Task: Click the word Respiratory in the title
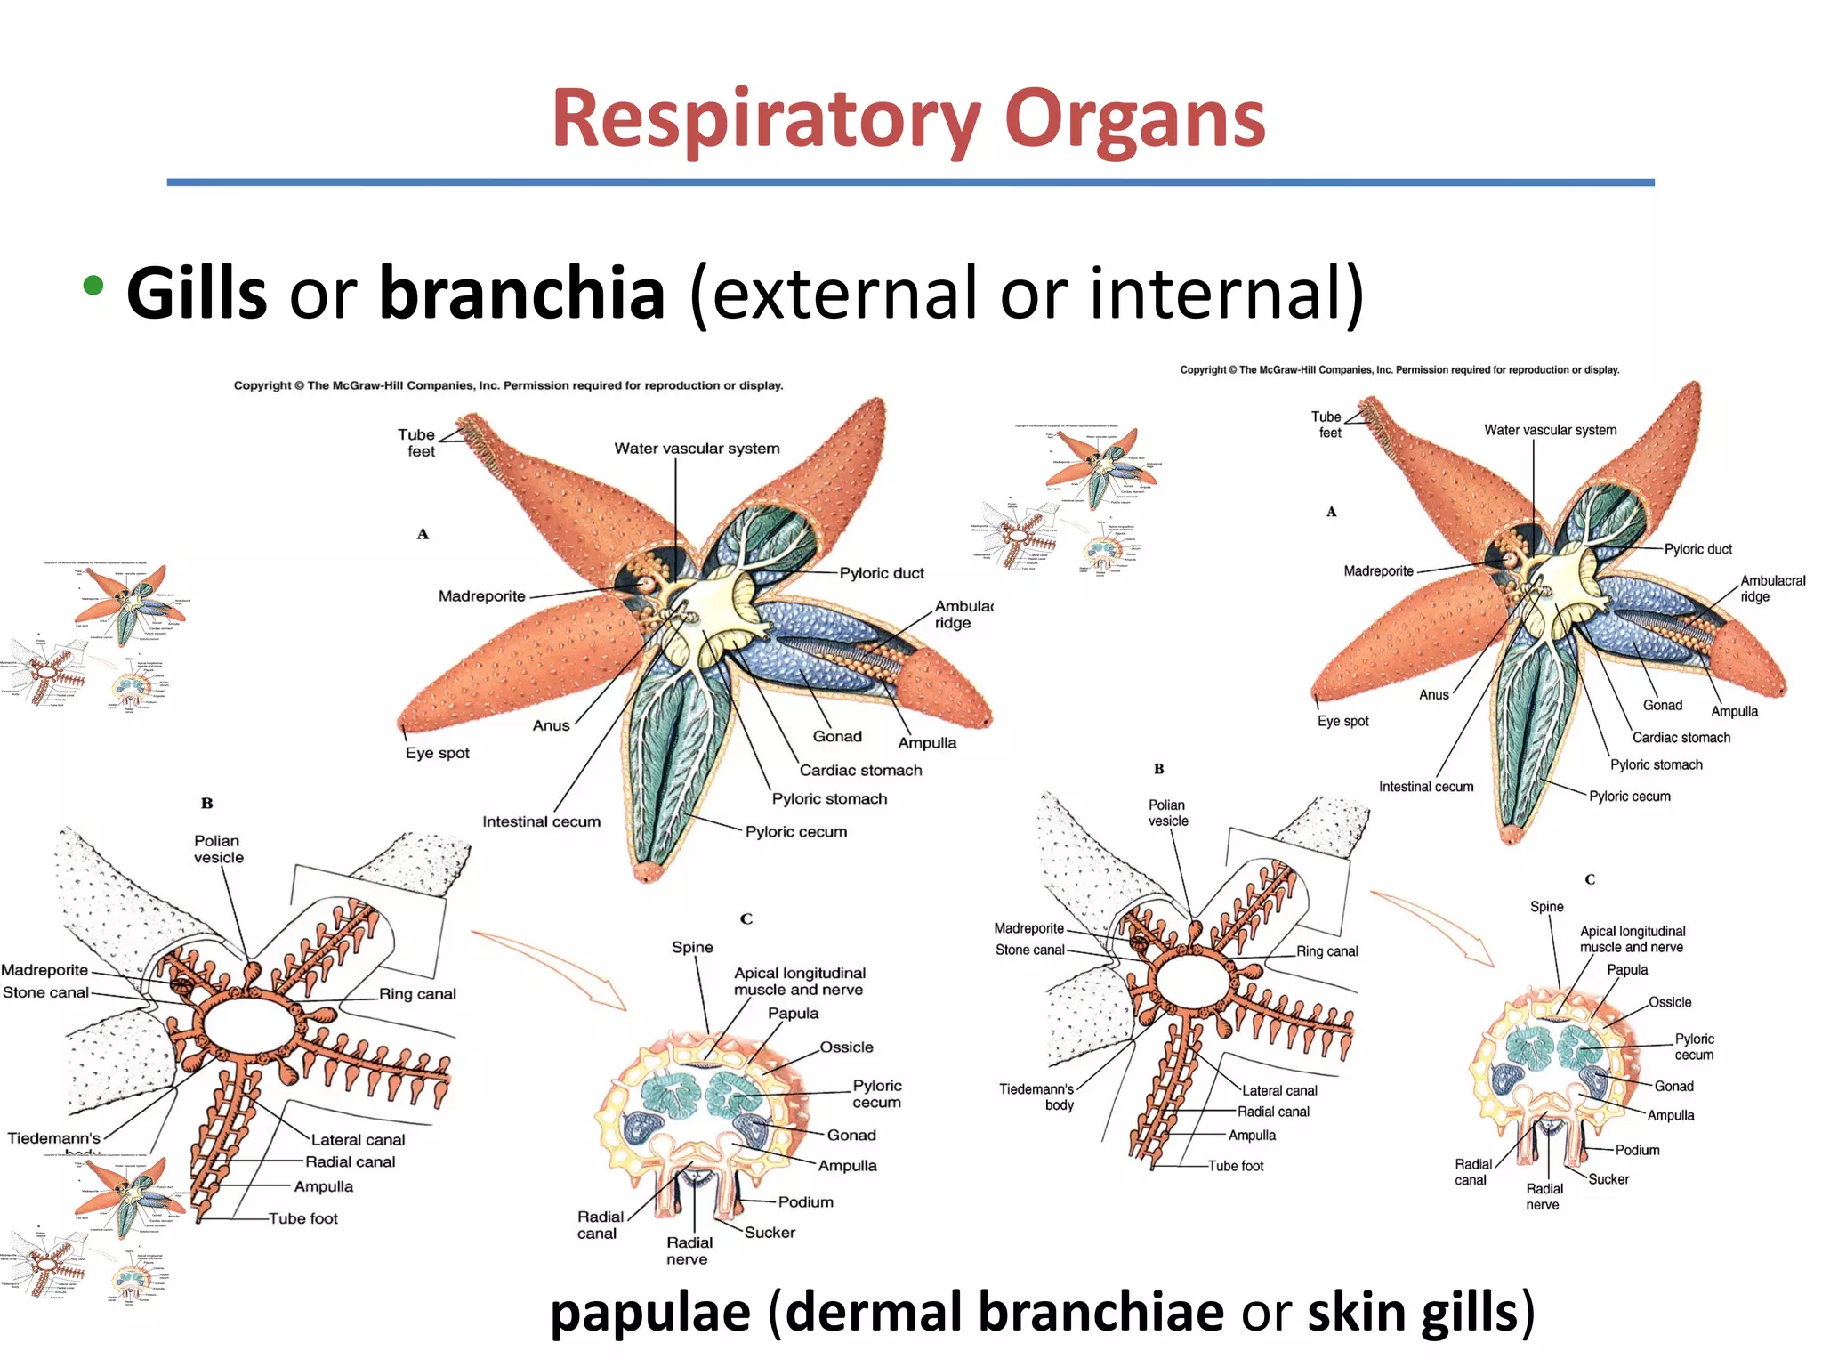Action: (x=765, y=120)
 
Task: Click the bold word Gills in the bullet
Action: (x=197, y=294)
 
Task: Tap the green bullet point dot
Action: (x=93, y=287)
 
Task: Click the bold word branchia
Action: (x=522, y=294)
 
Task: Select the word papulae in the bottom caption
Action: (x=650, y=1312)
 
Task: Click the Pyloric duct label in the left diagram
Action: (x=881, y=573)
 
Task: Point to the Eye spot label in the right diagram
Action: (x=1342, y=721)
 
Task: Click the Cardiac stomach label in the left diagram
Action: (x=860, y=770)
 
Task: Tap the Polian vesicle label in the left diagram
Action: (x=218, y=849)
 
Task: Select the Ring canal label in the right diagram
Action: (x=1326, y=951)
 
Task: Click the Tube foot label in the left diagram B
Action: (x=303, y=1218)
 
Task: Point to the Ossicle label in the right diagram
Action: (x=1669, y=1002)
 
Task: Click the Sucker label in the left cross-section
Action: (x=770, y=1233)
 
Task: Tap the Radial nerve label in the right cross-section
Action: (x=1544, y=1196)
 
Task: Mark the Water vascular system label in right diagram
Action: (x=1550, y=430)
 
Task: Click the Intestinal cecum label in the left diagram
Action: (x=541, y=821)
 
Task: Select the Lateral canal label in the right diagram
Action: (x=1278, y=1090)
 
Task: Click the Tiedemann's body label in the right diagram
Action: (x=1036, y=1096)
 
